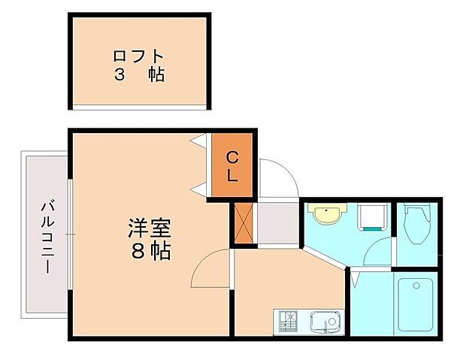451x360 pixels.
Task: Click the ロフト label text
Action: pos(138,56)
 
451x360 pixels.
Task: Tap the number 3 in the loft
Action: pos(120,74)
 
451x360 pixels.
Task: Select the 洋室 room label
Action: pos(150,228)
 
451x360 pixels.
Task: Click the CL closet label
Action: pos(232,166)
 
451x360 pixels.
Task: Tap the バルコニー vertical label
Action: pos(47,237)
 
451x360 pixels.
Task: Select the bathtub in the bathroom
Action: pos(416,304)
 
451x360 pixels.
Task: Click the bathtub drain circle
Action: pos(416,286)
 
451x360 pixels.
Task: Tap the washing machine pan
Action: pos(372,216)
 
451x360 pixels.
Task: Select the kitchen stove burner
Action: pos(288,322)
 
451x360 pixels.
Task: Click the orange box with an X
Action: pos(244,223)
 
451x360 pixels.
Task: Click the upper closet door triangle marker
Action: pos(198,141)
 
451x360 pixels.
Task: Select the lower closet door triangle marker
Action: pos(198,190)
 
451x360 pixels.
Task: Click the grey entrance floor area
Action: pos(278,223)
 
